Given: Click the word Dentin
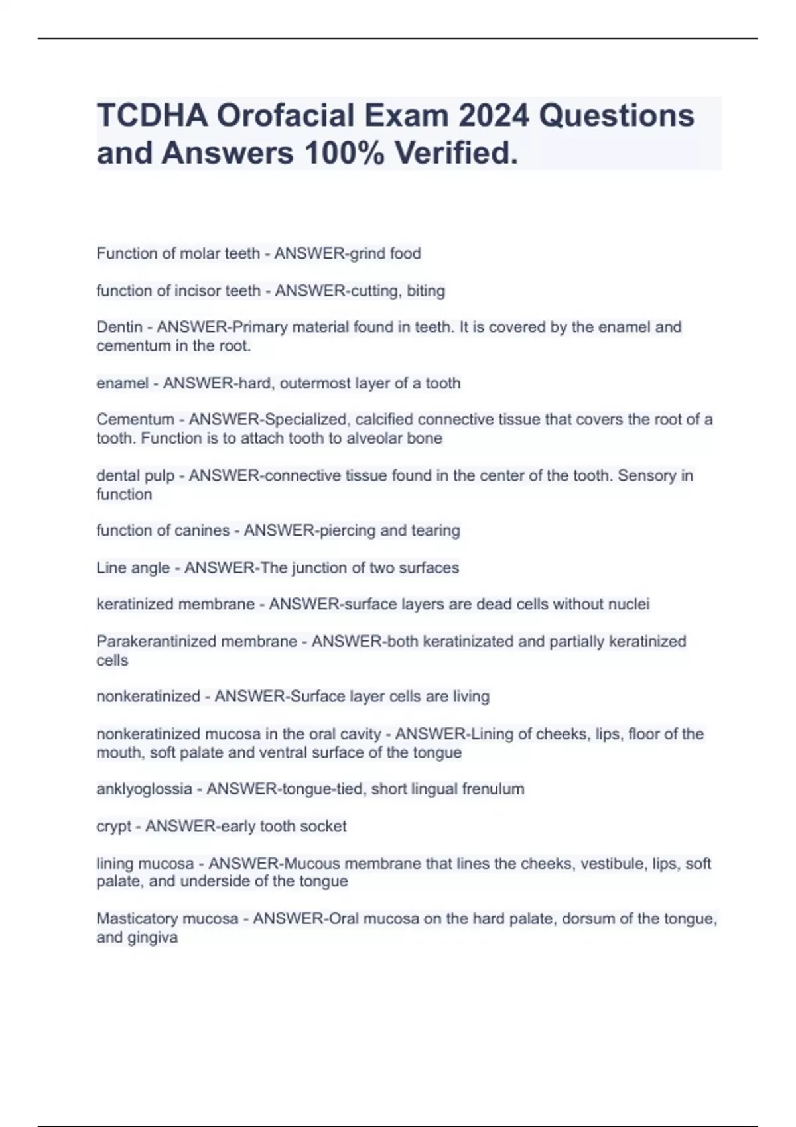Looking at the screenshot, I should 119,327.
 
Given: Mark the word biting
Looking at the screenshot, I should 426,290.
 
